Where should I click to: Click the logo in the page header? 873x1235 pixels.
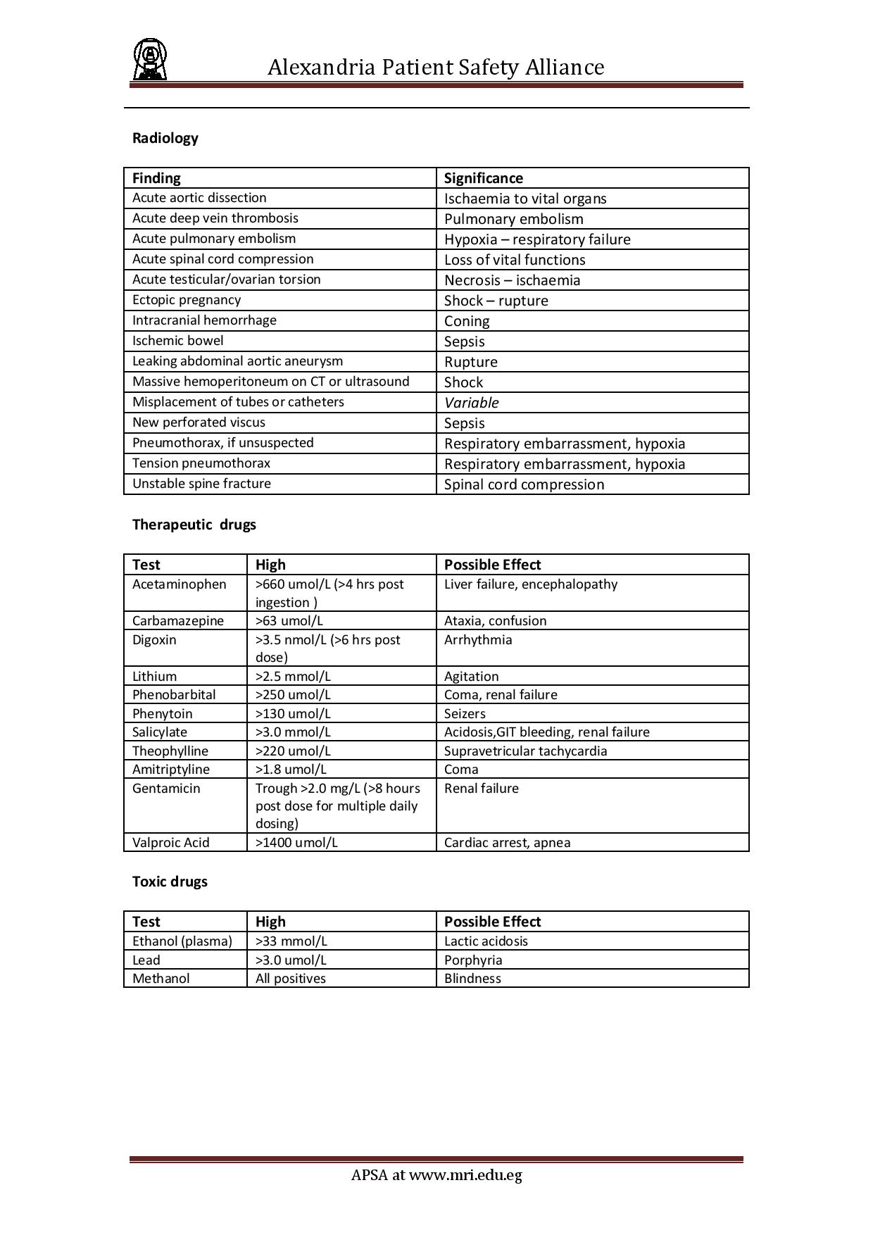coord(150,60)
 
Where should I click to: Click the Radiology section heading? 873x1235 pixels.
coord(165,138)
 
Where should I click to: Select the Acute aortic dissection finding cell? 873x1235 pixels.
coord(199,198)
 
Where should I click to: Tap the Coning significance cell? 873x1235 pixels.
coord(467,321)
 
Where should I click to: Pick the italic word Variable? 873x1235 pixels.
coord(471,403)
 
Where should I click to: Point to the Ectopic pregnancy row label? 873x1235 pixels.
coord(187,300)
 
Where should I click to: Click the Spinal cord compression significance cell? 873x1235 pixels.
coord(524,484)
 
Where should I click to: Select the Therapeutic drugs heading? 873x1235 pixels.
coord(194,525)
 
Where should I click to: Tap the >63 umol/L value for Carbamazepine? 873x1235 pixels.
coord(289,621)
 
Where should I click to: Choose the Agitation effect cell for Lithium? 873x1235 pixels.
coord(471,676)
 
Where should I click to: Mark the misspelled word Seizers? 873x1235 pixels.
coord(465,713)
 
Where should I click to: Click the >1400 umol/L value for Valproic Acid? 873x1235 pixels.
coord(296,842)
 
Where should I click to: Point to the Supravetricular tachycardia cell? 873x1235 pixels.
coord(525,751)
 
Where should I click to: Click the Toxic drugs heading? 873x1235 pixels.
coord(170,882)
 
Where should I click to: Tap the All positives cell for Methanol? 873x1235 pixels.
coord(291,978)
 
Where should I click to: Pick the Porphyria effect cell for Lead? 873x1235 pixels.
coord(473,960)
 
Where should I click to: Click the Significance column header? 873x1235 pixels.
coord(483,178)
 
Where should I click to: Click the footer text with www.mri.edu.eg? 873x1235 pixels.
coord(436,1174)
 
